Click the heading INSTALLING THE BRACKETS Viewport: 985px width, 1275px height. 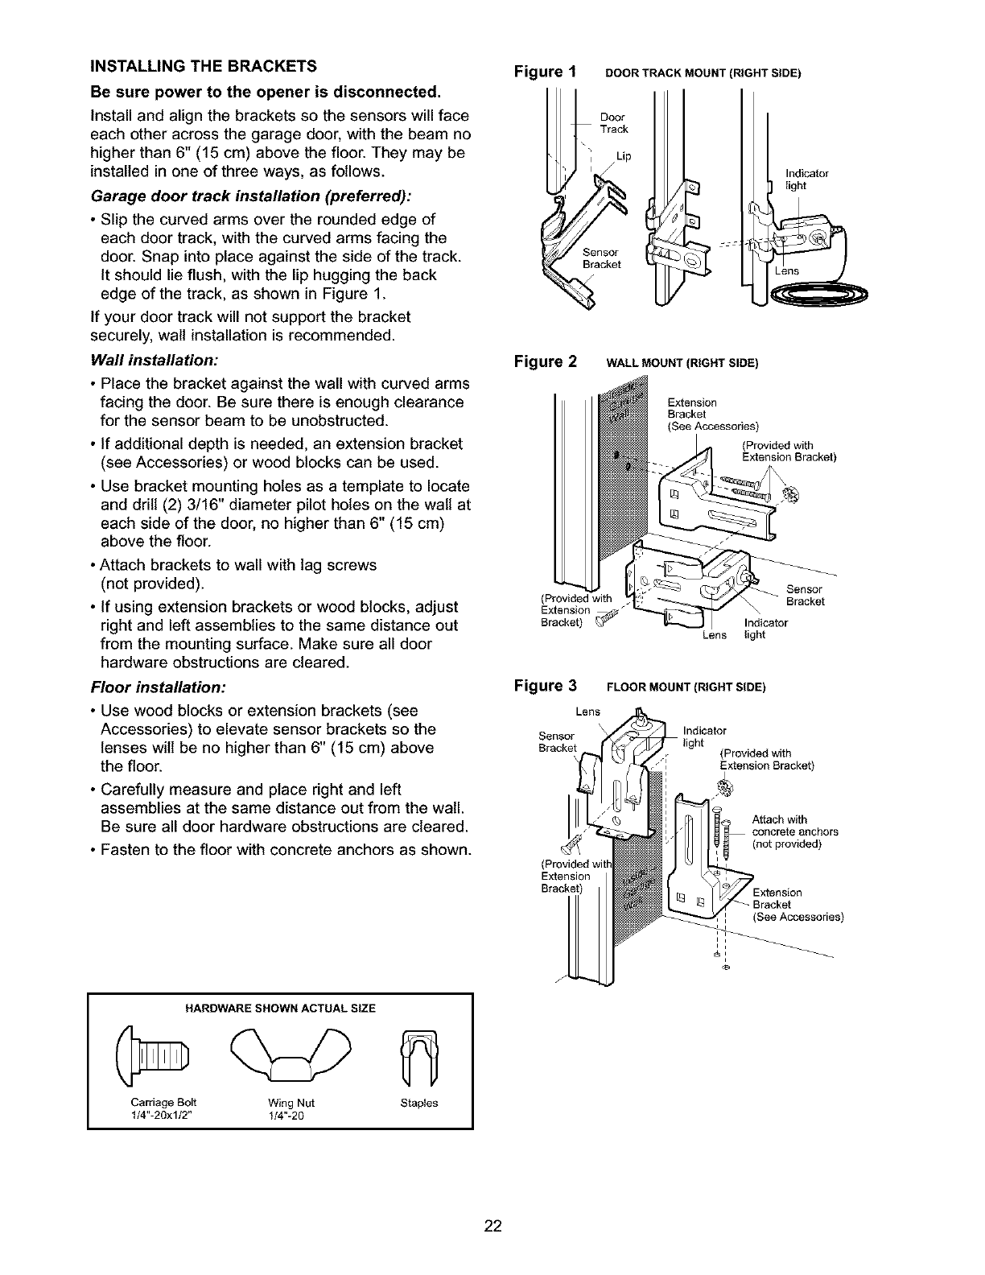click(203, 65)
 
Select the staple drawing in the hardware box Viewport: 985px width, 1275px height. click(418, 1054)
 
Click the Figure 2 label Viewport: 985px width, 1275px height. click(546, 361)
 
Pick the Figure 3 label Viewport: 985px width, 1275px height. click(546, 686)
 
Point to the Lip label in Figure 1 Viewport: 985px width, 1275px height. click(622, 156)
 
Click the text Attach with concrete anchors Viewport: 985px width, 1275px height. click(794, 831)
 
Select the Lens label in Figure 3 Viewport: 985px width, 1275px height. click(589, 712)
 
